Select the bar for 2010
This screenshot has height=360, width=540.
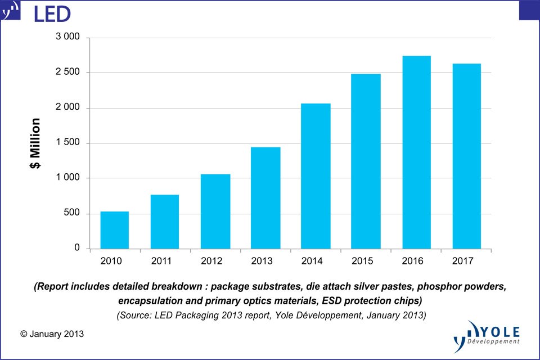[115, 230]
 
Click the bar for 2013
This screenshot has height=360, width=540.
[265, 198]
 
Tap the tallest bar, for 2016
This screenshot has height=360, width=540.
[416, 152]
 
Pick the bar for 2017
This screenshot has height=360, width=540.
[466, 156]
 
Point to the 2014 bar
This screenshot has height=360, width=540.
[316, 176]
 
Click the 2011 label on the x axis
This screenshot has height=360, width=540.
[164, 260]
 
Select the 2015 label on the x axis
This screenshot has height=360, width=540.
[366, 260]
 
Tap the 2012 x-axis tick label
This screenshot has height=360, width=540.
[215, 260]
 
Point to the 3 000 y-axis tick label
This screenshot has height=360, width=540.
[67, 38]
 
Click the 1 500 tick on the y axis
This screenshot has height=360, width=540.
[67, 143]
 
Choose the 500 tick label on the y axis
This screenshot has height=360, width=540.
[71, 213]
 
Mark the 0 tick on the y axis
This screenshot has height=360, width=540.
[77, 248]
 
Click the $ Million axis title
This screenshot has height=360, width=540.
[35, 143]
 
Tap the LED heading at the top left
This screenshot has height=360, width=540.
[52, 13]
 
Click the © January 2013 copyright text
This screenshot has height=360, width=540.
[52, 334]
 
